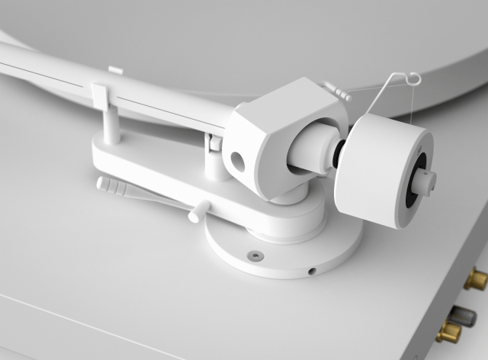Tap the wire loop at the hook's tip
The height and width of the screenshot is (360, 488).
(413, 78)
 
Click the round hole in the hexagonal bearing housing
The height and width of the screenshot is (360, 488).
(238, 161)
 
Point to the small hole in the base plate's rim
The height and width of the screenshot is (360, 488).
(311, 270)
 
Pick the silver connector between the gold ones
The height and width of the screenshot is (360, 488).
(463, 315)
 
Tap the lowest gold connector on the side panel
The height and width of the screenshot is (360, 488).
(449, 333)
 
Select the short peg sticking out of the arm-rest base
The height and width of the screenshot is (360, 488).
(200, 210)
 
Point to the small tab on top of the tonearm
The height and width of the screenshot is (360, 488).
(115, 70)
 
